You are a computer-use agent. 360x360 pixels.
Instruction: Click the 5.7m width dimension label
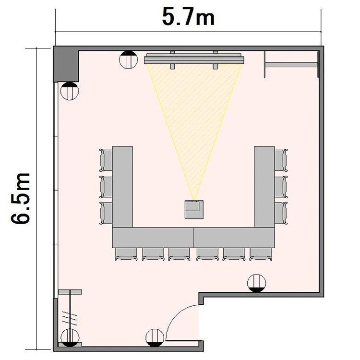[188, 17]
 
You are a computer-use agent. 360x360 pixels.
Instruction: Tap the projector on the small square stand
[194, 209]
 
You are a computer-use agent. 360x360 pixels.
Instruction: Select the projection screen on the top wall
[194, 59]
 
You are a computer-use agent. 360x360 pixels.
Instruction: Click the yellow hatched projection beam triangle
[194, 115]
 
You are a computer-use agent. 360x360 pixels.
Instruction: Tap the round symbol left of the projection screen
[128, 60]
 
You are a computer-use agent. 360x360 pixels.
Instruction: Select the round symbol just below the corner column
[70, 91]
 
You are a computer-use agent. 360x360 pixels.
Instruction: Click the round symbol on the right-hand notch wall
[257, 283]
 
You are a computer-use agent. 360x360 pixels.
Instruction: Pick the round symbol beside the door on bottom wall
[155, 337]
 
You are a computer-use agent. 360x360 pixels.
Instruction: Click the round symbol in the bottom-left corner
[70, 337]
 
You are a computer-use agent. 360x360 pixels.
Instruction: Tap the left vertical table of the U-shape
[122, 187]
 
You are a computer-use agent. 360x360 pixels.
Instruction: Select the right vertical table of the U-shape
[264, 187]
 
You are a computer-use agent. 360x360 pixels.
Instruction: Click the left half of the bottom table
[153, 238]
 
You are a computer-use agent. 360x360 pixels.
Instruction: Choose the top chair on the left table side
[106, 160]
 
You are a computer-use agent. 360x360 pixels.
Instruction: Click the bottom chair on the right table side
[281, 213]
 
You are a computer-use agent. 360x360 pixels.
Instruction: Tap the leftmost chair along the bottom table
[126, 254]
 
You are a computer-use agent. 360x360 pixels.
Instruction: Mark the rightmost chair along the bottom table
[262, 254]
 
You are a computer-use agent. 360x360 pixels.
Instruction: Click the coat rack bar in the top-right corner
[291, 64]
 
